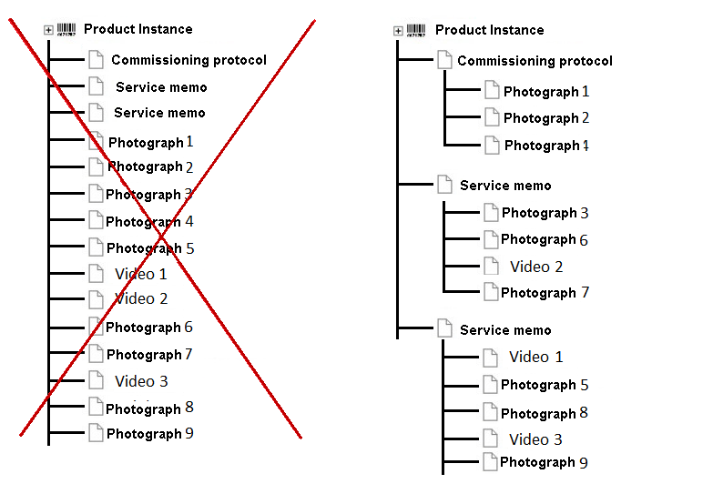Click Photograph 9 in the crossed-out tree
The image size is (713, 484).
click(149, 434)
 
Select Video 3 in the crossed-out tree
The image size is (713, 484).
click(141, 381)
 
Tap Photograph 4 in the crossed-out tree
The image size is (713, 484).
click(149, 221)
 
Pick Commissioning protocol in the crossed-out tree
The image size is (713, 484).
click(188, 60)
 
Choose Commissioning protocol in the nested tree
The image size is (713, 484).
click(535, 61)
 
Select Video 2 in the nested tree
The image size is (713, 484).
click(536, 267)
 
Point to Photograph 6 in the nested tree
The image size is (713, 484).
click(545, 239)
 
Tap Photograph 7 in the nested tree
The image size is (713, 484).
click(545, 293)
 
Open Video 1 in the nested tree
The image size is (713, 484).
click(535, 357)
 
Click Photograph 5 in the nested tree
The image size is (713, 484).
click(545, 385)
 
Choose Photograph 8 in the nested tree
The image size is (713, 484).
click(545, 413)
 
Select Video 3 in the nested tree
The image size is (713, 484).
click(535, 439)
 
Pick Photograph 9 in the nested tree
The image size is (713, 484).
click(544, 462)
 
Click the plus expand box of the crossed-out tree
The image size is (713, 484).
click(48, 30)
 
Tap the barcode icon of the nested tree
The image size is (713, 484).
click(416, 30)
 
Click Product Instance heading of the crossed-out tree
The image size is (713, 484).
click(138, 29)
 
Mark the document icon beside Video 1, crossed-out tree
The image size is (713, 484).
click(97, 273)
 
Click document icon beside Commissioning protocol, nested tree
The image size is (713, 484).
click(444, 60)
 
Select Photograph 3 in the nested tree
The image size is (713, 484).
click(545, 213)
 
